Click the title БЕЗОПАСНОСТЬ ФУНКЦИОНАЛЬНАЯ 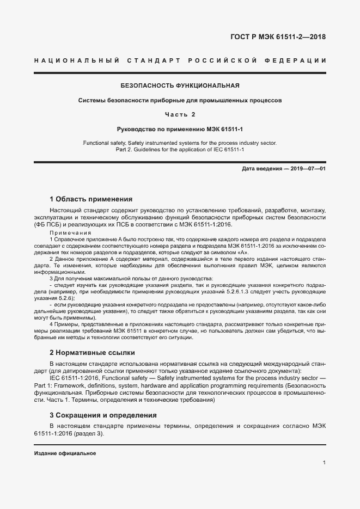click(x=180, y=86)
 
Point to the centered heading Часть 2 click(x=180, y=114)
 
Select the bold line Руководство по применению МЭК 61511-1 click(x=180, y=129)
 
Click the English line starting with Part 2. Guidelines click(x=180, y=150)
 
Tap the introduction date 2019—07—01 click(x=309, y=169)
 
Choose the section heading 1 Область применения click(x=91, y=199)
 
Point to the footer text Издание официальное click(x=65, y=453)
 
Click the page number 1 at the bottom click(x=324, y=463)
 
